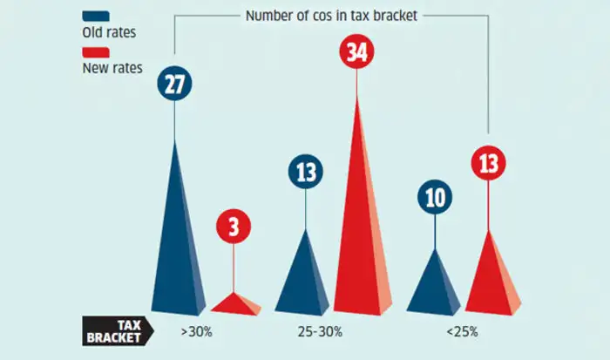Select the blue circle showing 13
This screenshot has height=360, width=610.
point(306,172)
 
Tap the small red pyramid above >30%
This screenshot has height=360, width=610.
point(234,303)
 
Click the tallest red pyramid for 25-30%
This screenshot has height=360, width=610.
point(356,227)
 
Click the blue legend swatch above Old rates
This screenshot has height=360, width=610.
point(96,16)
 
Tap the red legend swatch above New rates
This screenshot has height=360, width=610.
point(96,51)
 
